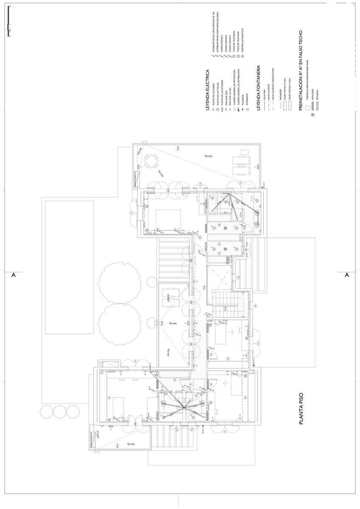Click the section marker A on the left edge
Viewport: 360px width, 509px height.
13,275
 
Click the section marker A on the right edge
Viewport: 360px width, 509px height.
347,275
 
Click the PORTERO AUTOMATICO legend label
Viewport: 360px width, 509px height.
242,40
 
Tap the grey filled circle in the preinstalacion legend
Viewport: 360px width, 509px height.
313,114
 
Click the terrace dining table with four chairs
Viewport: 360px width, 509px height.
151,161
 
